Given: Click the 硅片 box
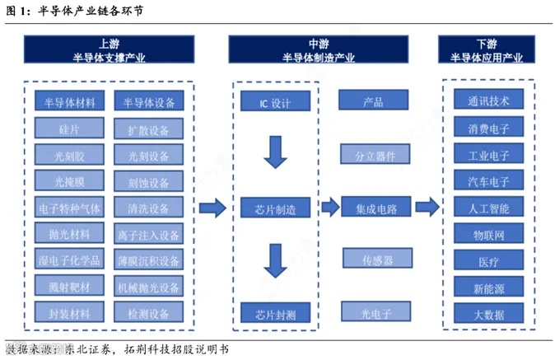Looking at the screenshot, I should (70, 129).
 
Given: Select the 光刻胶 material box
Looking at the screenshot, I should (70, 155).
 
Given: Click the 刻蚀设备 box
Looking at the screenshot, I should (149, 181).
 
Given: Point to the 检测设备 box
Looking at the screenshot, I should (149, 313).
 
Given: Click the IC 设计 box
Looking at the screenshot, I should (275, 102).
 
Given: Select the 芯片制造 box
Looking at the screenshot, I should (275, 208).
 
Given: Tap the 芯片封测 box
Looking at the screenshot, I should (275, 314).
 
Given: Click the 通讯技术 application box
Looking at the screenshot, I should (488, 101).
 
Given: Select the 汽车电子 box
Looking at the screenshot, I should (488, 181).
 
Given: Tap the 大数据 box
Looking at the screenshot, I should (488, 314).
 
